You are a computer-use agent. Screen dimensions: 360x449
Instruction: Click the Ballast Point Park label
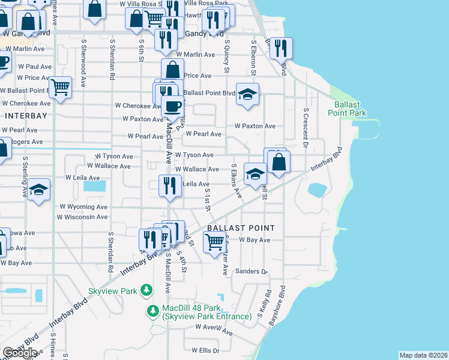(346, 108)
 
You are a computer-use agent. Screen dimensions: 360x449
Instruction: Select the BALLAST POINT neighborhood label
(241, 228)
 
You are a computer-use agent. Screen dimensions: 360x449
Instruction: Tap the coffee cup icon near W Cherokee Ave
(173, 107)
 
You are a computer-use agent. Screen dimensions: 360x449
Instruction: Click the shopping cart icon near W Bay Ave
(214, 242)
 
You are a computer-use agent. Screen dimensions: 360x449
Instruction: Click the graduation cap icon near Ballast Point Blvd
(247, 94)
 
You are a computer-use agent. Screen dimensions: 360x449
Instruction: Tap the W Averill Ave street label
(214, 329)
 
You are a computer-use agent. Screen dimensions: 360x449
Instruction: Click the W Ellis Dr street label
(206, 350)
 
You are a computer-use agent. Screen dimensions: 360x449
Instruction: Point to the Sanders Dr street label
(253, 271)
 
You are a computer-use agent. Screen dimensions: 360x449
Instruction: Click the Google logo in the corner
(19, 353)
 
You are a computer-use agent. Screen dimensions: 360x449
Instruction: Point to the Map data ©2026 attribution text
(423, 355)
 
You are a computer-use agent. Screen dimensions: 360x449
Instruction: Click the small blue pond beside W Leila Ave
(94, 186)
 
